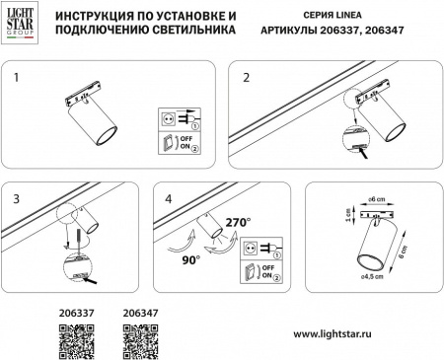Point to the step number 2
tap(246, 76)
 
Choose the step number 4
tap(168, 197)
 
